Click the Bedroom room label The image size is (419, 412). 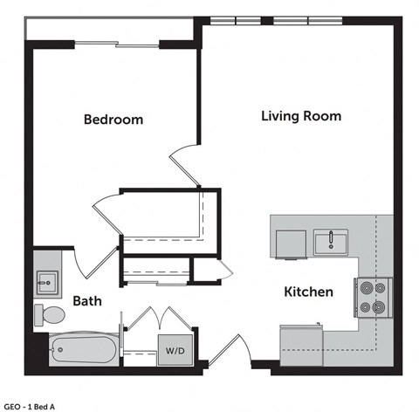tap(113, 120)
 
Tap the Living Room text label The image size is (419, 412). tap(300, 115)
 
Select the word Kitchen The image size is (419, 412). tap(308, 292)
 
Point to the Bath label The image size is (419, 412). tap(86, 301)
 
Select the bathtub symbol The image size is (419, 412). tap(83, 351)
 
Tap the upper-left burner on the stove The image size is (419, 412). tap(365, 287)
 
